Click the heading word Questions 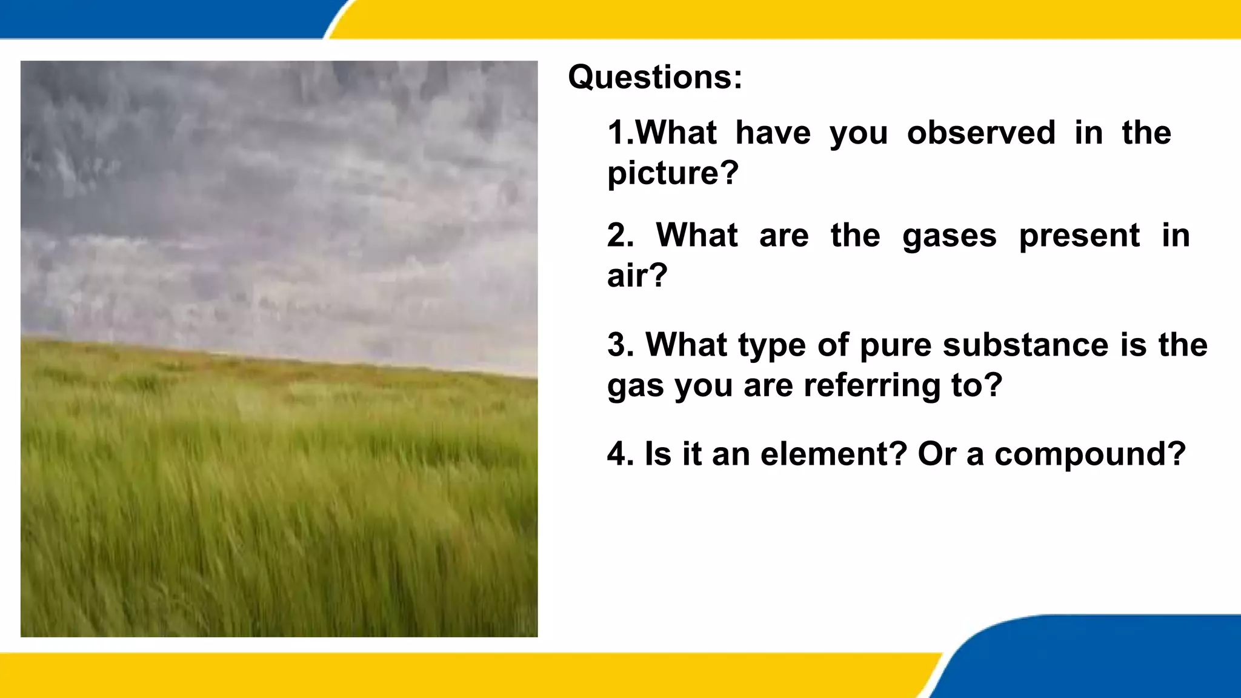click(654, 78)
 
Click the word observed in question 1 click(981, 133)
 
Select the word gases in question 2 click(949, 236)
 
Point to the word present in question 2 click(1079, 236)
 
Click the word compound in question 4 click(1090, 455)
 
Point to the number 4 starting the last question click(619, 454)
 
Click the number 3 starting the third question click(619, 345)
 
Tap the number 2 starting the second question click(619, 236)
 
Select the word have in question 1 click(773, 133)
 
